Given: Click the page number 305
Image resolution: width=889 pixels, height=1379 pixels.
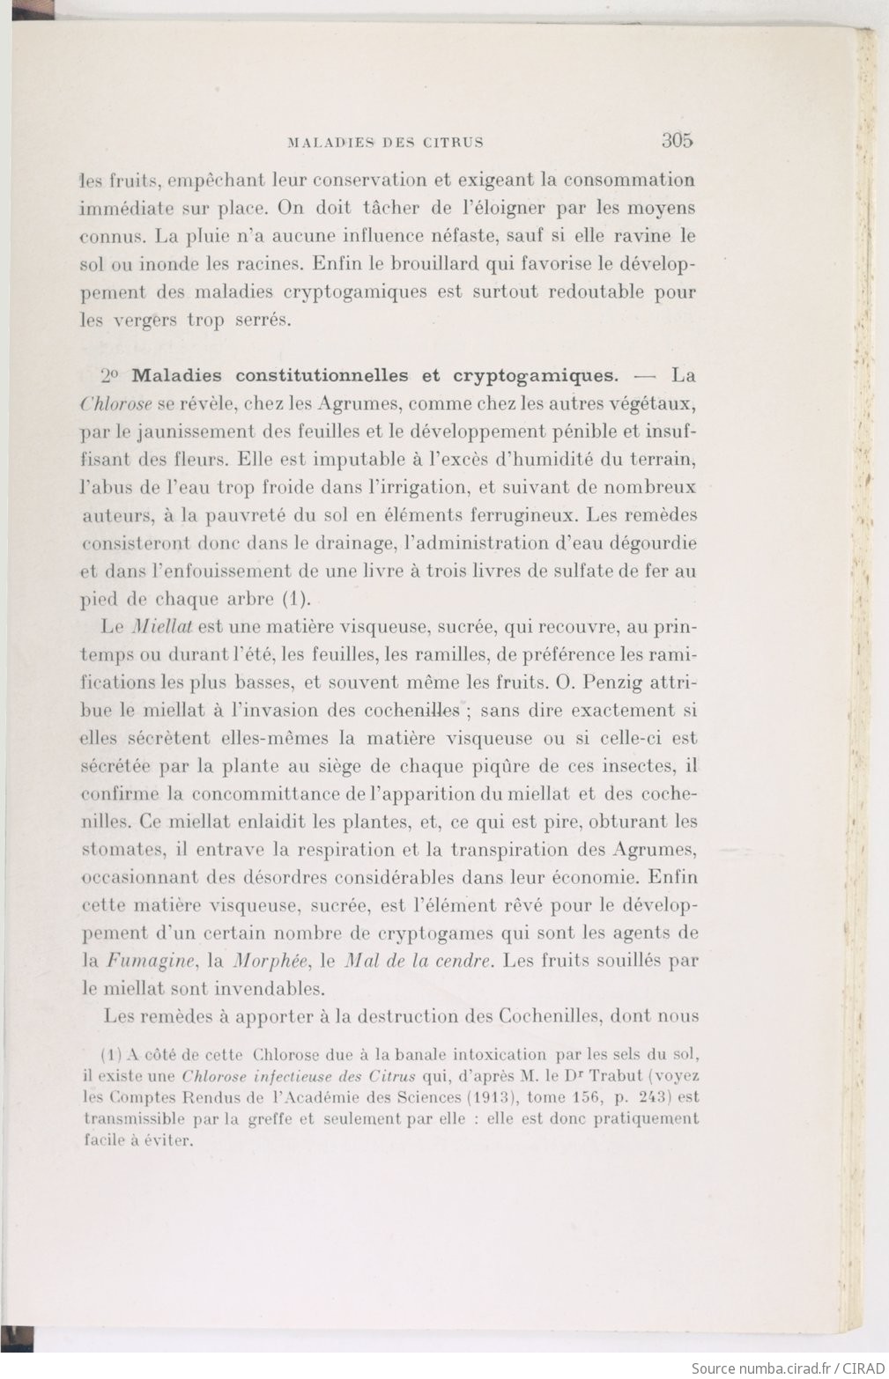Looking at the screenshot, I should [x=678, y=139].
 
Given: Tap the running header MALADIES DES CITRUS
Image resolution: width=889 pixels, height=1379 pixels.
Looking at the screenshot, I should [x=386, y=141].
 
